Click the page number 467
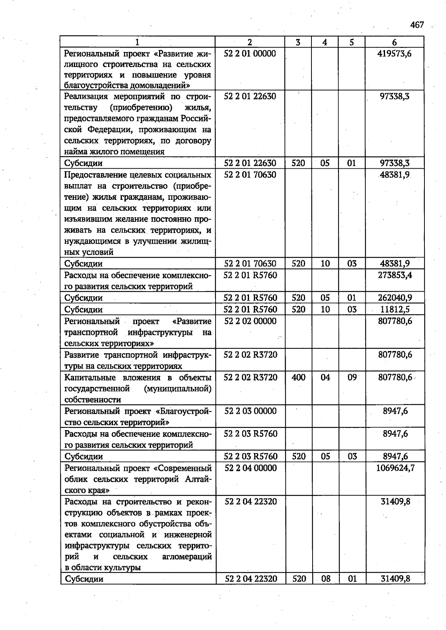click(417, 25)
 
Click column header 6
click(394, 42)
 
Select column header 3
click(298, 42)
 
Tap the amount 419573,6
click(394, 53)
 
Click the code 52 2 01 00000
click(250, 53)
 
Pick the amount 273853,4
click(395, 275)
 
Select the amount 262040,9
click(395, 298)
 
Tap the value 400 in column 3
click(298, 377)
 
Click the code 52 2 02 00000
click(250, 321)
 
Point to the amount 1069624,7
click(395, 468)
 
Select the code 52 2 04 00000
click(251, 468)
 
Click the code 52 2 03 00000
click(251, 411)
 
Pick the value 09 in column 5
click(352, 377)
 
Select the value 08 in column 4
click(326, 579)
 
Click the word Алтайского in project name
click(198, 479)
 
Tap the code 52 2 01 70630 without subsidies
click(250, 175)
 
